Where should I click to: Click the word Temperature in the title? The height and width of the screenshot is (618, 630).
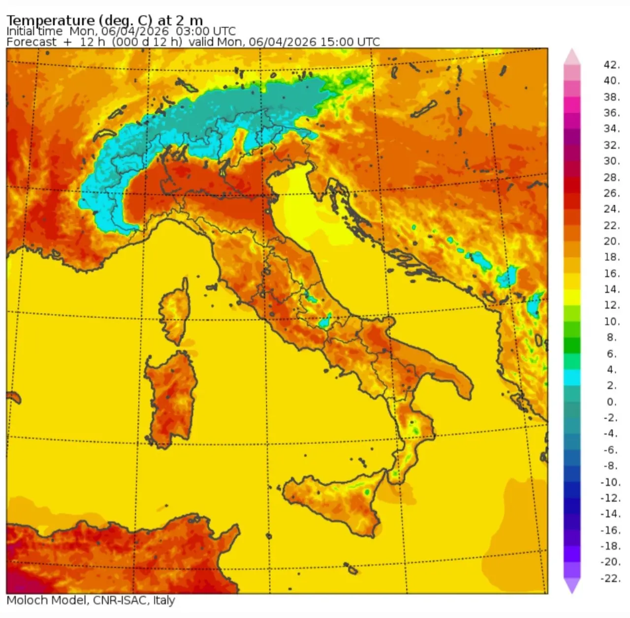pos(50,20)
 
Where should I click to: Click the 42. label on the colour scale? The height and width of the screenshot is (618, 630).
pos(612,65)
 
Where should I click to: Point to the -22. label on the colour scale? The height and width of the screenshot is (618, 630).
pos(610,578)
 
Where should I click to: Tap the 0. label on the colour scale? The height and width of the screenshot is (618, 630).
pos(612,402)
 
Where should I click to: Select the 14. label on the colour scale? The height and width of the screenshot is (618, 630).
pos(612,289)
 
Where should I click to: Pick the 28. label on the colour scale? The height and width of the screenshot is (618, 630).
pos(612,177)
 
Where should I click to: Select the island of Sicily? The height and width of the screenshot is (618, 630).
pos(335,502)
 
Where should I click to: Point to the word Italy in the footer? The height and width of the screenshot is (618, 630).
pos(164,600)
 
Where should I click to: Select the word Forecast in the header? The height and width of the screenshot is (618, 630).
pos(31,42)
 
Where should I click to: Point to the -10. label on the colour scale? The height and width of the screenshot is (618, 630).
pos(610,482)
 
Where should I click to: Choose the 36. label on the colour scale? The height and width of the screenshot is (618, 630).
pos(612,113)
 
